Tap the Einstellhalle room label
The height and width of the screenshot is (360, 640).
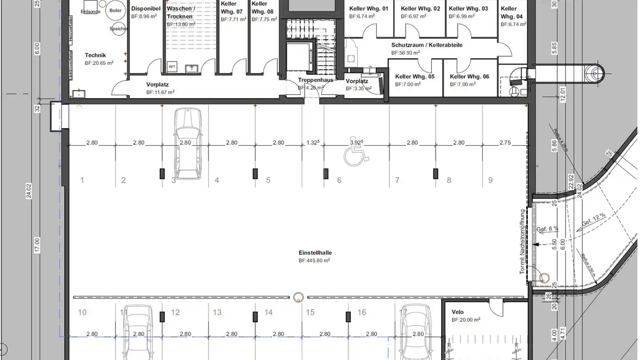tap(315, 253)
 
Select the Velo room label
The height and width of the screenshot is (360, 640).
tap(457, 312)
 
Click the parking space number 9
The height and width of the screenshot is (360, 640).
tap(490, 180)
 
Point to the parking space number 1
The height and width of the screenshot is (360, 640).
tap(82, 180)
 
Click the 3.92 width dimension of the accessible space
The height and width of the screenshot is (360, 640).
tap(356, 143)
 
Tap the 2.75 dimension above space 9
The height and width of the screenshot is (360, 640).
tap(505, 143)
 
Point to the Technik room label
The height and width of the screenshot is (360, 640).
tap(96, 56)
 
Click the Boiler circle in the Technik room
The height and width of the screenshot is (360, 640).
tap(115, 11)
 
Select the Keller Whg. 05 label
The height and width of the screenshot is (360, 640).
tap(415, 76)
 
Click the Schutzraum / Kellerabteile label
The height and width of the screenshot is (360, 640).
tap(427, 45)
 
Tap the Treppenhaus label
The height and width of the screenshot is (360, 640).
tap(316, 80)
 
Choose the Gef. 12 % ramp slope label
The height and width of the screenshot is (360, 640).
tap(593, 220)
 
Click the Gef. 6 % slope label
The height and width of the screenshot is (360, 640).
tap(548, 229)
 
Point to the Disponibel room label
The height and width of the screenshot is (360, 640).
tap(145, 8)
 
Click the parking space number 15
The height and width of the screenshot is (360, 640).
tap(310, 312)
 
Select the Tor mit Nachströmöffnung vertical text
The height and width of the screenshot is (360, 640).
tap(522, 242)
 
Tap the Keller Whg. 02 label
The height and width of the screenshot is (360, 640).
tap(420, 8)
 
